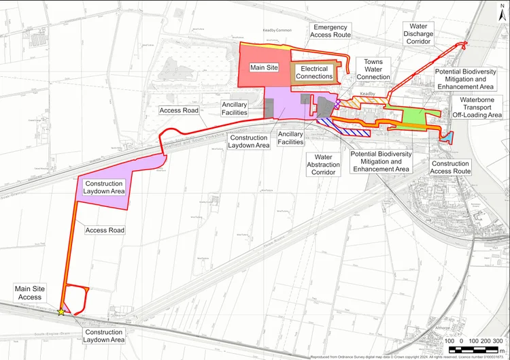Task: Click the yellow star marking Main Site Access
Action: [x=61, y=312]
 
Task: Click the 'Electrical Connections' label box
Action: [x=313, y=73]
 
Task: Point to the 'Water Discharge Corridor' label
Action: [x=418, y=33]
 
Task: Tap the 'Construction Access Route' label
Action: [x=450, y=167]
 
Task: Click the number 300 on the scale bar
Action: [x=497, y=340]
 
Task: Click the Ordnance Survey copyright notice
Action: [x=409, y=356]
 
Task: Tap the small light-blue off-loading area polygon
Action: [x=447, y=136]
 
